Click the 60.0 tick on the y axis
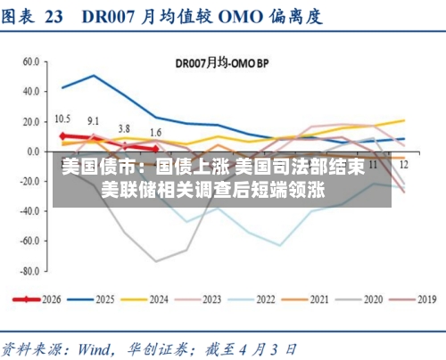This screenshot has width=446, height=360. point(29,61)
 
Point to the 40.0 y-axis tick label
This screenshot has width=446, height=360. point(29,92)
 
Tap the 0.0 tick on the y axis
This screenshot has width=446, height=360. point(32,151)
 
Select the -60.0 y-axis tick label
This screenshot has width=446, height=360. point(27,241)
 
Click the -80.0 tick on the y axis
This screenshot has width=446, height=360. point(27,270)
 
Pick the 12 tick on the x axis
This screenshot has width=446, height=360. point(404,165)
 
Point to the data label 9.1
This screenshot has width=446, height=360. point(94,121)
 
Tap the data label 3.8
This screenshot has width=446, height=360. point(124,128)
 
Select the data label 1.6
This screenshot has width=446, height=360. point(155,133)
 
